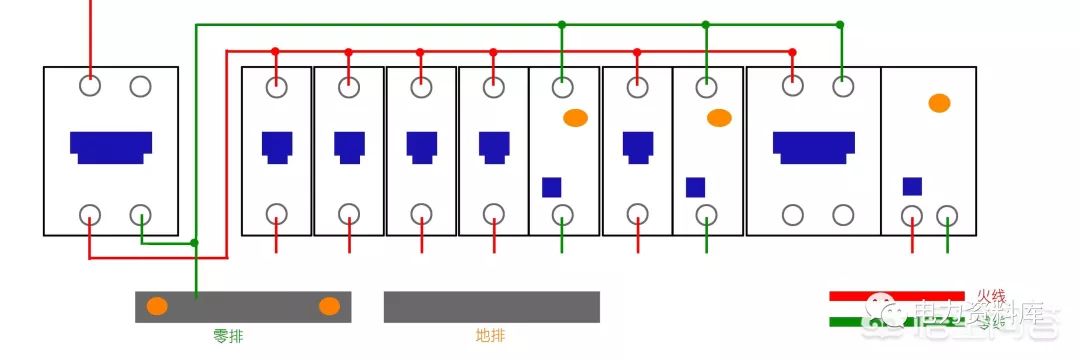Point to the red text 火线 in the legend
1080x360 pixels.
[991, 297]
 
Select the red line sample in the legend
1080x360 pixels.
[900, 296]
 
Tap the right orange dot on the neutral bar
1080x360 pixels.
[329, 306]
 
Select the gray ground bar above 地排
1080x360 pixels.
[491, 307]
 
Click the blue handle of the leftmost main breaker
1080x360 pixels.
[111, 146]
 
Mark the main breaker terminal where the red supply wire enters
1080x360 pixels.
[91, 86]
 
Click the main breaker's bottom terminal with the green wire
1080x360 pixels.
[141, 213]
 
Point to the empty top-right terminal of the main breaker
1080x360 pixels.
[141, 86]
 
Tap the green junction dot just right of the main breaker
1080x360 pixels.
[195, 242]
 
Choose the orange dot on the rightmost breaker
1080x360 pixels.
[938, 102]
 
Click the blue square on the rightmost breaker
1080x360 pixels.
[912, 186]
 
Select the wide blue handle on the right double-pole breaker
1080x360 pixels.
[813, 146]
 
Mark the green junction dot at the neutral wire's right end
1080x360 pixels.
[840, 24]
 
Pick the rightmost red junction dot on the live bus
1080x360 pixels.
[793, 51]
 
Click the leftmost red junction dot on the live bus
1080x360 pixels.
[275, 51]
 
